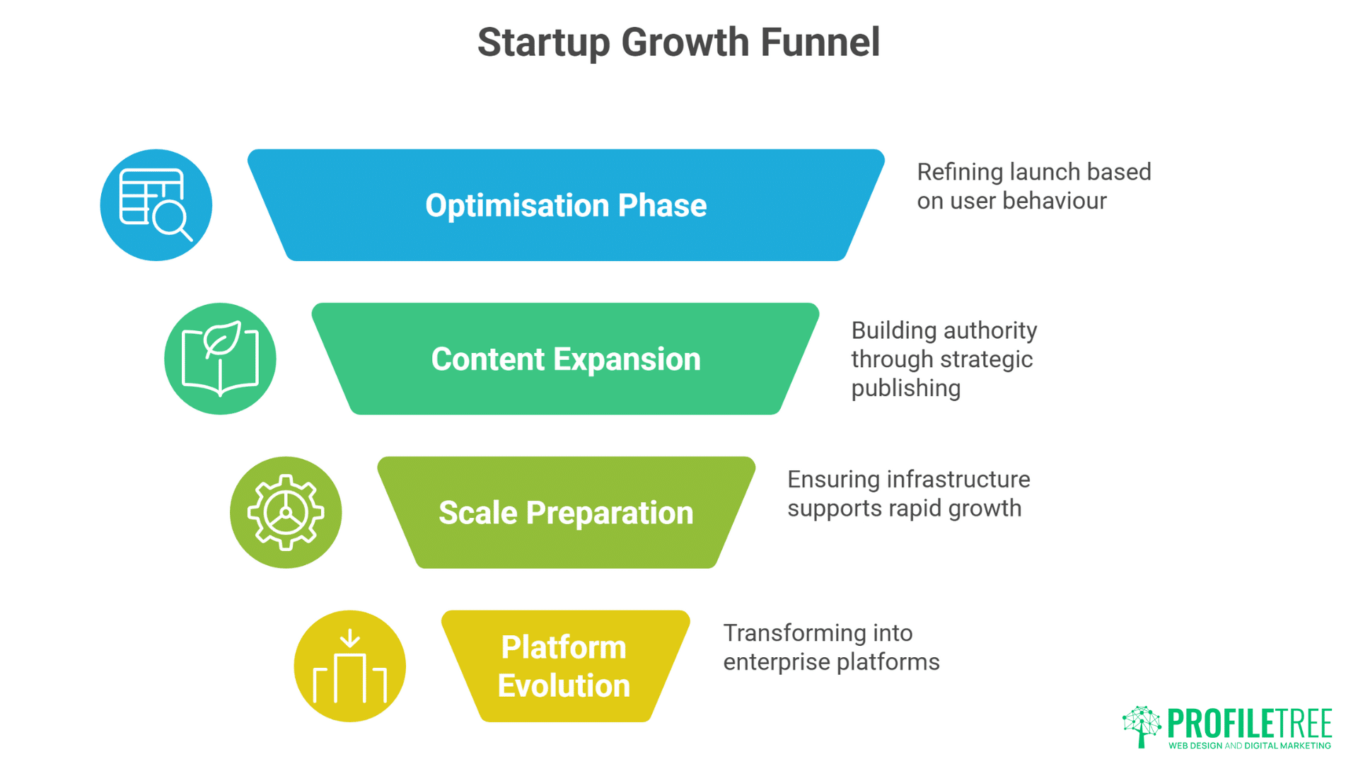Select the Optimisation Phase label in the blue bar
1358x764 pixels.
(x=566, y=206)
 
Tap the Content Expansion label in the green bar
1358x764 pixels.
(x=566, y=359)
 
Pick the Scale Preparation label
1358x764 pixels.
(x=566, y=513)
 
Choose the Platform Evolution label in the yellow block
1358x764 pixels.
(x=564, y=666)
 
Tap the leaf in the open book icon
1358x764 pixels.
(x=221, y=340)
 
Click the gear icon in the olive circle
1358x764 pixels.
(x=286, y=512)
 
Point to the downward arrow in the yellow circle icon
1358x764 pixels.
(x=349, y=638)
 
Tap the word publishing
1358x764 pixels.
(x=905, y=388)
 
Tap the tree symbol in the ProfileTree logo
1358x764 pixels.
(x=1141, y=725)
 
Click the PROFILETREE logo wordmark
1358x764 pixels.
(x=1249, y=723)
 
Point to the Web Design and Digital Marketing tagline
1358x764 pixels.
(x=1249, y=746)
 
